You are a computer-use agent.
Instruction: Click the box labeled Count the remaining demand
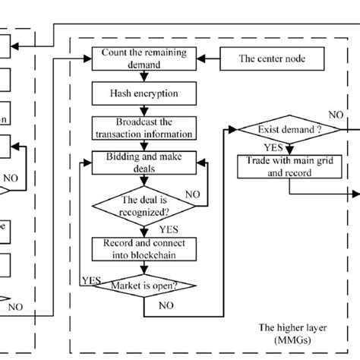click(137, 60)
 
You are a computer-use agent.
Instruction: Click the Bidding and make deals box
click(137, 162)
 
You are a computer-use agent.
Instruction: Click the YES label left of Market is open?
click(90, 279)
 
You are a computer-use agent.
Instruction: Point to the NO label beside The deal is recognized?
click(193, 194)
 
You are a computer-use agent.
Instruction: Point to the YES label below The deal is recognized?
click(169, 228)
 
